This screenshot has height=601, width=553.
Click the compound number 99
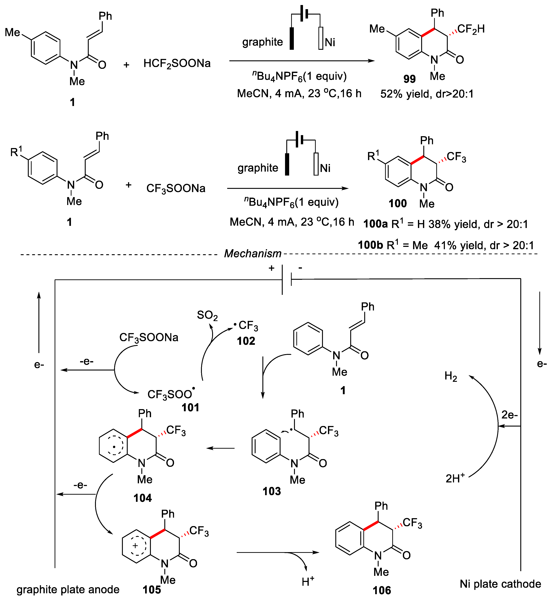(409, 79)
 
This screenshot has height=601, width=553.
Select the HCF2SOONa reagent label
(177, 63)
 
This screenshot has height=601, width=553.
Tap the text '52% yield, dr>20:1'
(427, 94)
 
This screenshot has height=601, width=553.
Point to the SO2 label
(207, 315)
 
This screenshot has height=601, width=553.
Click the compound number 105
(152, 590)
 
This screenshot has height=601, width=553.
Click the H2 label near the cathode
(451, 376)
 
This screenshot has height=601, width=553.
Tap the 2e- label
(509, 415)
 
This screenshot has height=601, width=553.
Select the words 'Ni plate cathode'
(500, 584)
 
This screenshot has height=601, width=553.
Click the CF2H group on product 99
(471, 29)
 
